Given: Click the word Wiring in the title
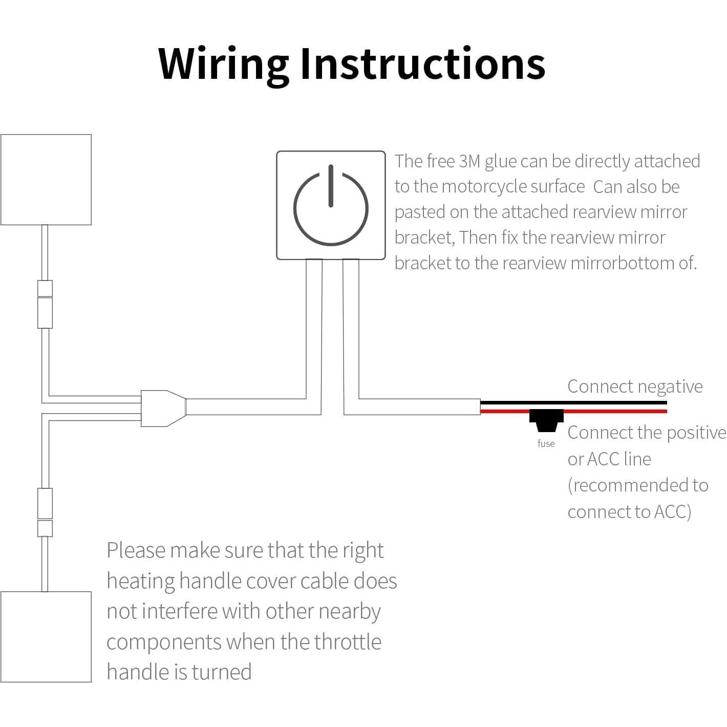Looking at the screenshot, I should [223, 64].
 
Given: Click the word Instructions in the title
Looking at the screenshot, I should [422, 64].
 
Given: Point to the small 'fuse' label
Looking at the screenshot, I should [546, 443].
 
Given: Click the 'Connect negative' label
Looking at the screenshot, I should [635, 386].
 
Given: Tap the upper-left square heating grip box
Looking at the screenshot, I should [46, 179].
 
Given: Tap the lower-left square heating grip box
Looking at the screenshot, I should [46, 636].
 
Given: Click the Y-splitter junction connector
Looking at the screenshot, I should [163, 408].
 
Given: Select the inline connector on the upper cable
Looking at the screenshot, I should [45, 304].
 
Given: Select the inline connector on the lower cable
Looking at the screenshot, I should [45, 512].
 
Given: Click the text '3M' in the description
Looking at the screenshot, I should [469, 161].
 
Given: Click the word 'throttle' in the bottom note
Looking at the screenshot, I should [348, 642].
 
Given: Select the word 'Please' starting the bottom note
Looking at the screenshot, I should [136, 550].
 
